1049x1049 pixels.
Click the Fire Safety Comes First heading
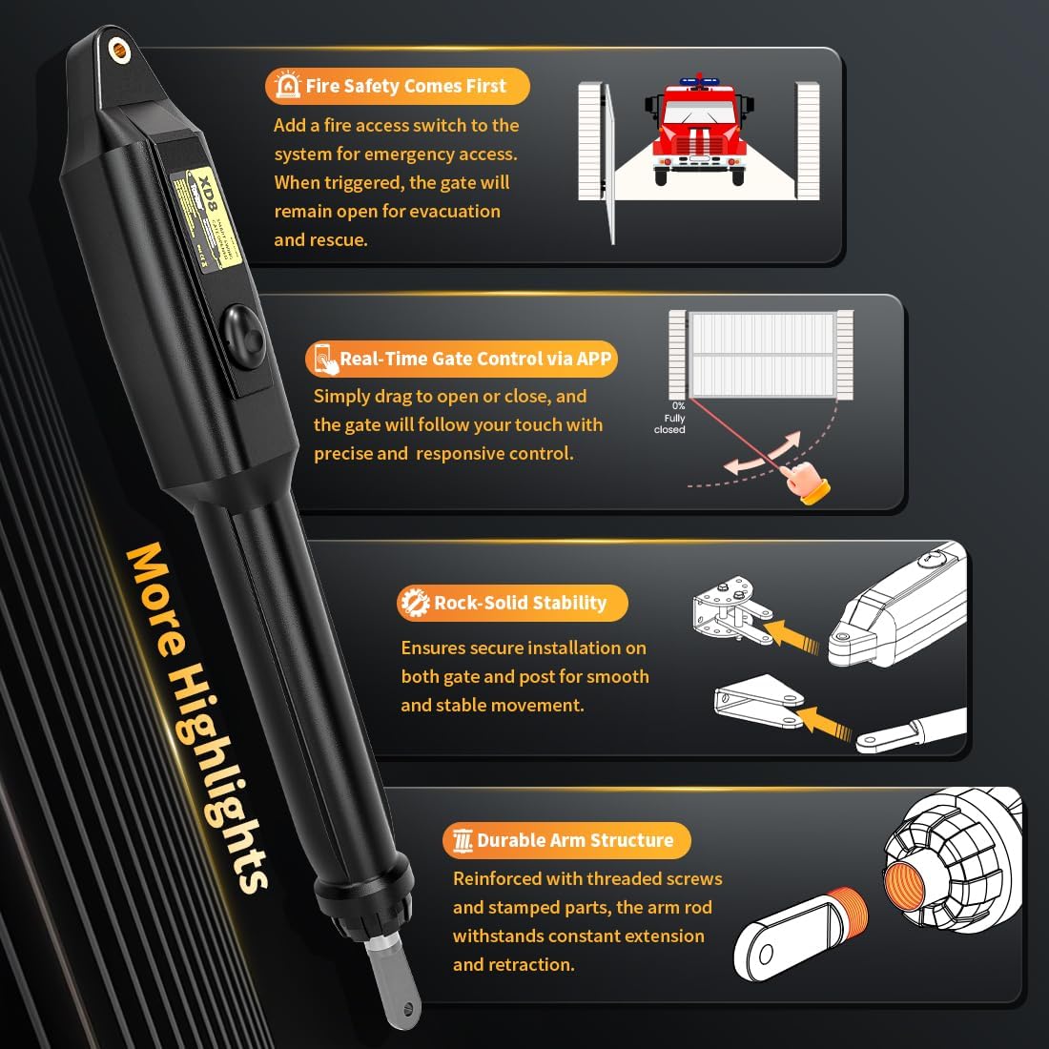click(x=405, y=86)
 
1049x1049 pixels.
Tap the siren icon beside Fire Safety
click(x=286, y=86)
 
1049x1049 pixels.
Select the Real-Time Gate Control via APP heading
click(x=475, y=359)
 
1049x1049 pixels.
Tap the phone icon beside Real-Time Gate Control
click(x=325, y=360)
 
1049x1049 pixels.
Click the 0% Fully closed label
click(x=670, y=418)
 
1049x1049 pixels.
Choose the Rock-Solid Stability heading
click(x=520, y=603)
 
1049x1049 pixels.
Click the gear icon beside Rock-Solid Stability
click(x=413, y=603)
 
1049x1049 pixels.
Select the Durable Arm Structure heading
click(x=575, y=840)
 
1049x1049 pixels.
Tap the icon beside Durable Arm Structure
click(x=463, y=841)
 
